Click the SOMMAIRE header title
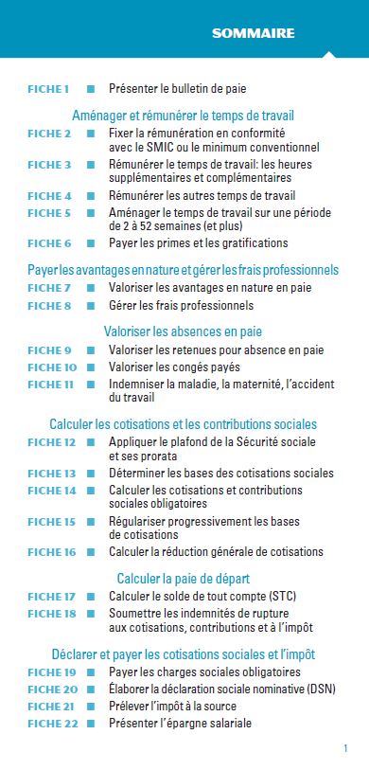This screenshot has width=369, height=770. [253, 34]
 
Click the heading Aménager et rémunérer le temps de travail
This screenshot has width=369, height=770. [183, 116]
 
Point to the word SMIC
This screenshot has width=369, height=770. [179, 147]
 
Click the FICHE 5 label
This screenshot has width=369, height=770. [49, 213]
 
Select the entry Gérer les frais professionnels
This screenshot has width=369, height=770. [181, 306]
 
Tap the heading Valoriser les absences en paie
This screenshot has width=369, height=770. [183, 331]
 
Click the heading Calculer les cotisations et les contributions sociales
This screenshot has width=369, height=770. [183, 423]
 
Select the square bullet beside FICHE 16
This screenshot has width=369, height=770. [91, 552]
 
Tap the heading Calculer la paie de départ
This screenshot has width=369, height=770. [183, 578]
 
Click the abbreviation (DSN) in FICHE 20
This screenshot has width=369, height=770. [316, 689]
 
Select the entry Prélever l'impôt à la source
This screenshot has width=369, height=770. [172, 707]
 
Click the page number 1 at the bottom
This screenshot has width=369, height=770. [346, 748]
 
